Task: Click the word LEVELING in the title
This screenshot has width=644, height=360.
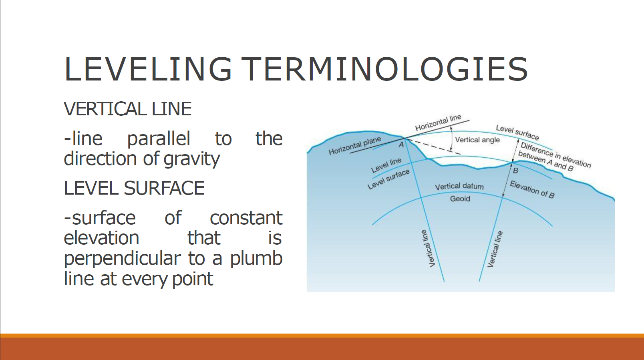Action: pos(148,69)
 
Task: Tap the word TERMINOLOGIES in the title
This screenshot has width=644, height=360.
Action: pos(385,69)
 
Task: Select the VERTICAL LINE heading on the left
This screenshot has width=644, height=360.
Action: pos(127,109)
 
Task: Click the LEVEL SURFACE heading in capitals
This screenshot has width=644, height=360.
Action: pos(134,188)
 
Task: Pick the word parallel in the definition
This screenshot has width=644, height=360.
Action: pos(159,139)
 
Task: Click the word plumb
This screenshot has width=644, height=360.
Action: pos(256,258)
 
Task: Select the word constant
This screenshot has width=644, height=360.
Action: pos(246,218)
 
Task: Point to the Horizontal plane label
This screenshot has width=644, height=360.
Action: pos(354,146)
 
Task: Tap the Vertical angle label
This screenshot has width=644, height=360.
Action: pos(477,140)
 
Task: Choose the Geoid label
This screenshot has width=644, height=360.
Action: pos(460,199)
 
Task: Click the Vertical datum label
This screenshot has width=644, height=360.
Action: pos(459,186)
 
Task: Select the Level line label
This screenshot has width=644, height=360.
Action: pos(386,165)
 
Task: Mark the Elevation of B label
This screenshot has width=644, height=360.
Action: pos(532,189)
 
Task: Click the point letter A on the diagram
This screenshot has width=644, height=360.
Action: pos(401,145)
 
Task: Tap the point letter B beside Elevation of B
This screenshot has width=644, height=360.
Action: pos(516,171)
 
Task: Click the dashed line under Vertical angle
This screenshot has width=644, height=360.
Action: pos(437,147)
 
